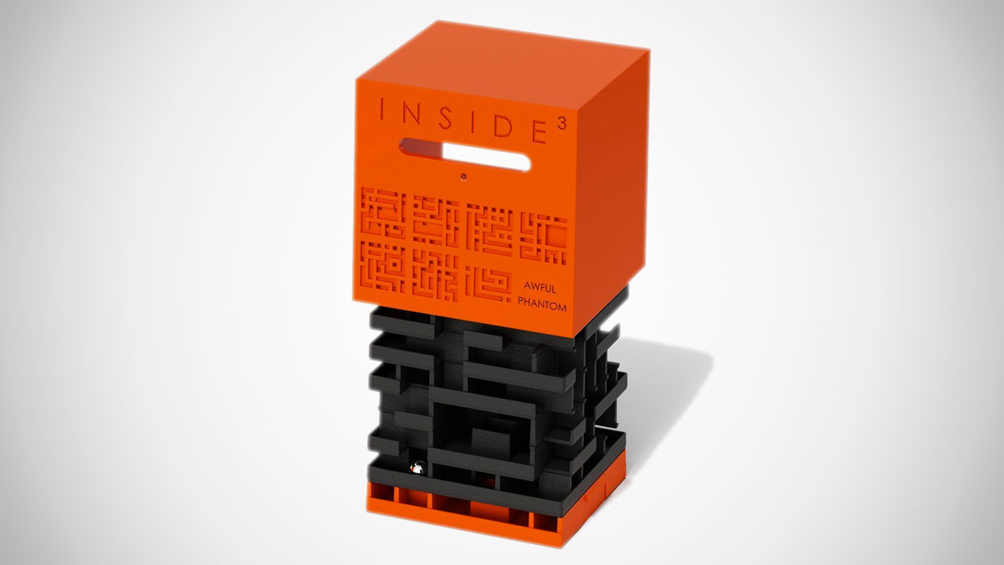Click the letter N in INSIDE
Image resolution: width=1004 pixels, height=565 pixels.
pyautogui.click(x=408, y=115)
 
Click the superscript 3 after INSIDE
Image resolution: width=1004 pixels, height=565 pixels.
pyautogui.click(x=562, y=125)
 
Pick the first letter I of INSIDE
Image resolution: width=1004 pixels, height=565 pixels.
pyautogui.click(x=382, y=110)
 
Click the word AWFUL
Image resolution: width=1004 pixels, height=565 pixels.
pyautogui.click(x=540, y=287)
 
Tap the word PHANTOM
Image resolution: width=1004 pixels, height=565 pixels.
pyautogui.click(x=542, y=304)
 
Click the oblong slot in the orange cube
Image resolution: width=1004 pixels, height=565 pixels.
pyautogui.click(x=465, y=155)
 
